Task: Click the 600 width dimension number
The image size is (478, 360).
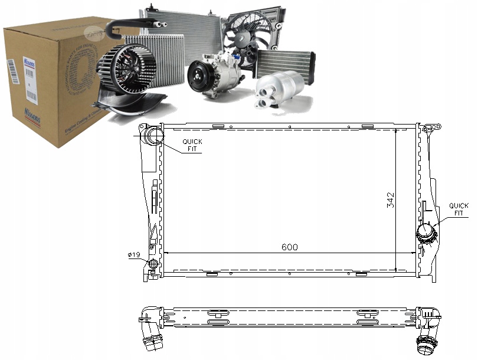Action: point(289,247)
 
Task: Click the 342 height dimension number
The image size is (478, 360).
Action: point(391,201)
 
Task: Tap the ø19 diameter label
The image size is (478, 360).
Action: point(133,255)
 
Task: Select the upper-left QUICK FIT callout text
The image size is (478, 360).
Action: point(191,145)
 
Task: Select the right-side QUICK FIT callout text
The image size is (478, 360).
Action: point(459,210)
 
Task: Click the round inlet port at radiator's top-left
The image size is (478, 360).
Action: point(155,135)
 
